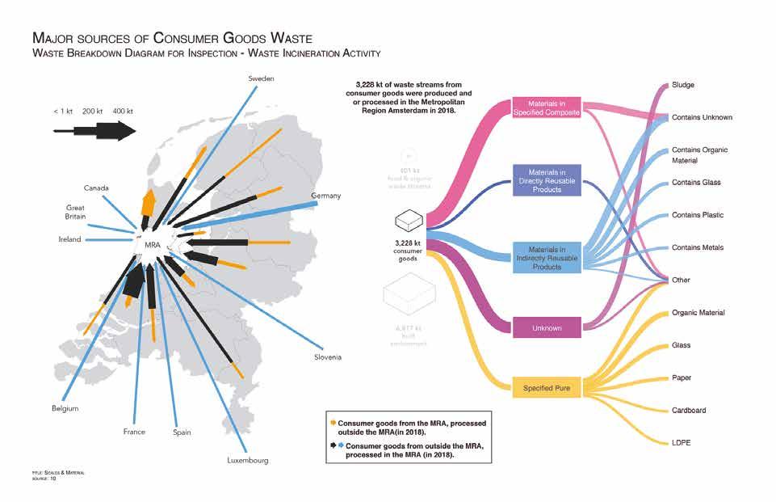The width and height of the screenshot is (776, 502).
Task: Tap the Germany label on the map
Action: [x=326, y=196]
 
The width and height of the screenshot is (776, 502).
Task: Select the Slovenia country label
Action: [x=327, y=357]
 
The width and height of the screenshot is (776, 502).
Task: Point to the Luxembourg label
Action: [x=247, y=461]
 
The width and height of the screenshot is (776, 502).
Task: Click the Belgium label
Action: [x=65, y=409]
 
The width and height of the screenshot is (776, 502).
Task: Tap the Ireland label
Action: [x=70, y=240]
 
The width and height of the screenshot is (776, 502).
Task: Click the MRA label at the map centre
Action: [x=153, y=244]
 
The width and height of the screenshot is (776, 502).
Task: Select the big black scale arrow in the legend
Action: [x=95, y=131]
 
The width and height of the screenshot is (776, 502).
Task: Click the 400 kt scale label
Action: [x=124, y=110]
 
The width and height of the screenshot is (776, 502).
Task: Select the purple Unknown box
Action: [x=547, y=328]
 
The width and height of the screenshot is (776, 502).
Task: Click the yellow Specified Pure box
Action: [x=547, y=389]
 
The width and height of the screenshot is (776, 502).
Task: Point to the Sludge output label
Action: [x=683, y=85]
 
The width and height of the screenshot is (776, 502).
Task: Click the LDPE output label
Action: [x=682, y=443]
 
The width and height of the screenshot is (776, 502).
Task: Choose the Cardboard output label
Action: [x=689, y=410]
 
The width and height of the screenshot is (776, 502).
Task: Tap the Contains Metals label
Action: [x=698, y=247]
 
